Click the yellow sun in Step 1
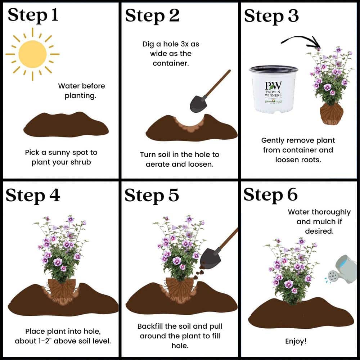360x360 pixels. click(32, 54)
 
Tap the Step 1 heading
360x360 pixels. click(33, 16)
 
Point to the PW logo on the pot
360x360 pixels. click(273, 86)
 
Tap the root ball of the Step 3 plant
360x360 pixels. click(331, 114)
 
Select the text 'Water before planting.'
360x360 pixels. click(81, 91)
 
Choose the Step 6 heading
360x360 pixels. click(270, 195)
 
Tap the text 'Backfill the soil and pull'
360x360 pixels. click(180, 327)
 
